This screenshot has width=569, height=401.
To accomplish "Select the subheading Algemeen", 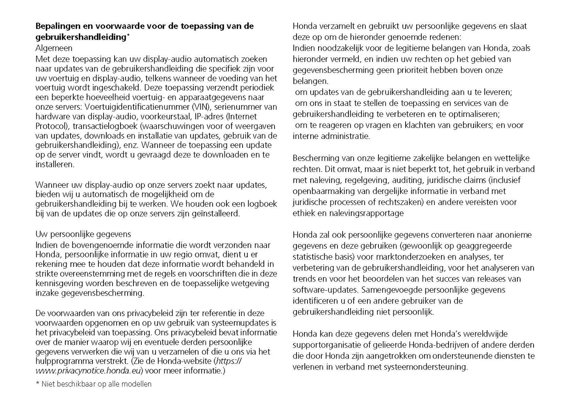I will click(x=54, y=48).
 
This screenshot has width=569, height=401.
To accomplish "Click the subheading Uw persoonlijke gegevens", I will click(x=83, y=235).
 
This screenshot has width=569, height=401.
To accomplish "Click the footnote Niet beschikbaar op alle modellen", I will click(x=96, y=384).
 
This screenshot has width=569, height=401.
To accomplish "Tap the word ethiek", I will click(x=304, y=213).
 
